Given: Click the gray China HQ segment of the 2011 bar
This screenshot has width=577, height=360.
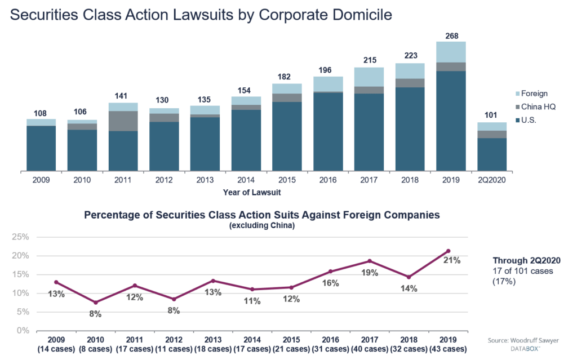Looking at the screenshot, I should pyautogui.click(x=123, y=121).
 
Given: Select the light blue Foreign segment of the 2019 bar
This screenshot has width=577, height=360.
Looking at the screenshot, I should pyautogui.click(x=451, y=51).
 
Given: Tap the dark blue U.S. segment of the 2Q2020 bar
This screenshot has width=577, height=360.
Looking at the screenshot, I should pyautogui.click(x=492, y=154).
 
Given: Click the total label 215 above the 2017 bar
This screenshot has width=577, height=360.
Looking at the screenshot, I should pyautogui.click(x=369, y=60).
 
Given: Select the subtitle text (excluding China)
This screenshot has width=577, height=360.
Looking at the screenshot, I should pyautogui.click(x=261, y=225).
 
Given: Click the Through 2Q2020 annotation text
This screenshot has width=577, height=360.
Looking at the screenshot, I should pyautogui.click(x=526, y=260).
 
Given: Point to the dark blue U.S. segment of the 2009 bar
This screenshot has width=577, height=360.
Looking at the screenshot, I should pyautogui.click(x=41, y=148).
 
